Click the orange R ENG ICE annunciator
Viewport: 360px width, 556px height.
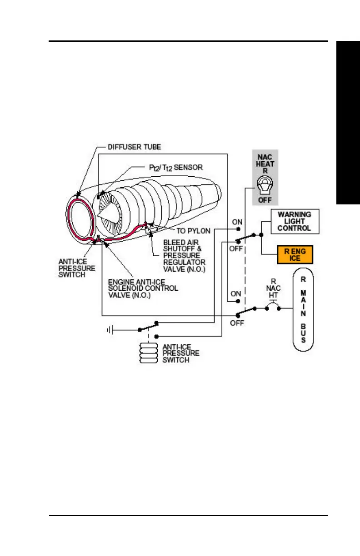pos(295,255)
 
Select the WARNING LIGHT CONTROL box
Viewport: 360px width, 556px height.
pos(295,221)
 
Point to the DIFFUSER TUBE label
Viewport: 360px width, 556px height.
pos(134,147)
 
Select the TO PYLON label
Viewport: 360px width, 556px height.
pos(193,231)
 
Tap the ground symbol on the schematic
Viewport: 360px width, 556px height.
pos(110,330)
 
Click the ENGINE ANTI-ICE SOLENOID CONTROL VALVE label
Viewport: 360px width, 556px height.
pos(143,288)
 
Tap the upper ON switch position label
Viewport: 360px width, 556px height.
pos(237,222)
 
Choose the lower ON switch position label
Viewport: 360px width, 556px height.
pos(235,294)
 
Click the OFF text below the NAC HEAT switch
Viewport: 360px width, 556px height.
pos(265,200)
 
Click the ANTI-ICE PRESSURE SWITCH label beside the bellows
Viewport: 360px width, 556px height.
pos(181,353)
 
